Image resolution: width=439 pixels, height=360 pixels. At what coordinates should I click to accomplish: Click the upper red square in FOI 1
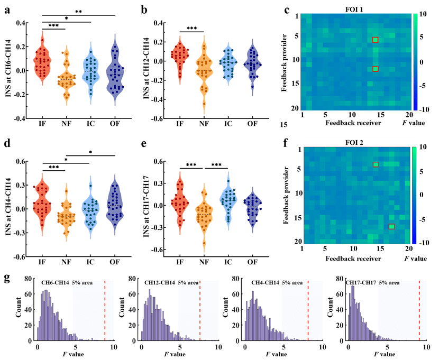point(375,40)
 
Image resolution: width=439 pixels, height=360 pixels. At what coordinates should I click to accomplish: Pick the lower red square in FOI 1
point(375,69)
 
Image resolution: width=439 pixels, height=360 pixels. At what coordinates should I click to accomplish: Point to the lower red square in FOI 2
point(391,227)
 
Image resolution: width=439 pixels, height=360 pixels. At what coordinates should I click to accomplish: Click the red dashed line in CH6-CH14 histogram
point(105,310)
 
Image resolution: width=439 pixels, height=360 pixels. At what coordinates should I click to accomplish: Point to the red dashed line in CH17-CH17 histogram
point(419,310)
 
